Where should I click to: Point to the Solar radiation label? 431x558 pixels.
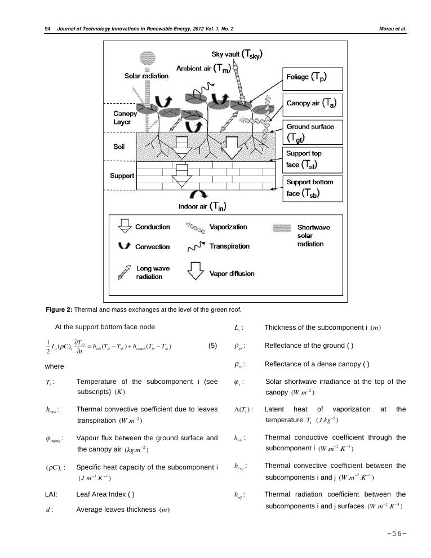coord(146,76)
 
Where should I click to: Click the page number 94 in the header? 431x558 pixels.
coord(47,28)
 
